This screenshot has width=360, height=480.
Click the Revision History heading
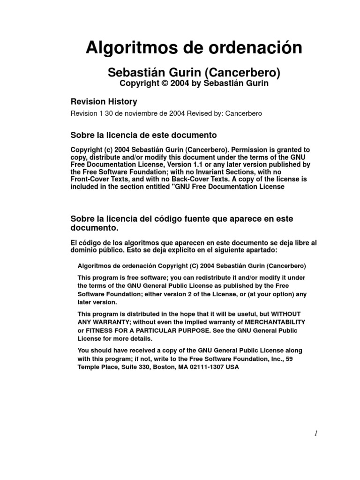[x=104, y=102]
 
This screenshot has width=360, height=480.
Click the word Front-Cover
[x=92, y=180]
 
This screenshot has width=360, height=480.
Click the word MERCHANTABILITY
[x=274, y=322]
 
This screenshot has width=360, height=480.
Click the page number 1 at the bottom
[x=316, y=435]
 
